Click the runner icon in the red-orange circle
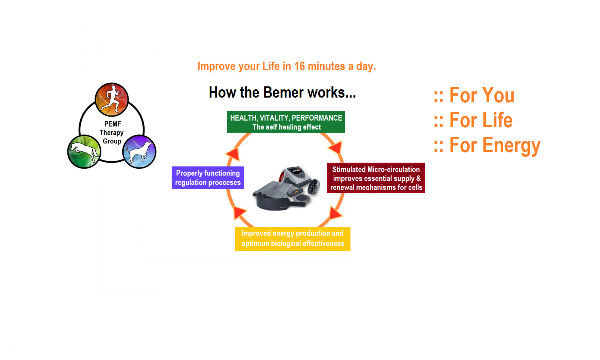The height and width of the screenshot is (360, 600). pos(112,99)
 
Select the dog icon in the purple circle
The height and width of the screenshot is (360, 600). pos(139,151)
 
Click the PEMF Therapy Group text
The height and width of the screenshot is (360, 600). pos(112,132)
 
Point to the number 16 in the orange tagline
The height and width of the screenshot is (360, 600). pos(299,66)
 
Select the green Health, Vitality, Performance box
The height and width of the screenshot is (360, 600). pos(286,122)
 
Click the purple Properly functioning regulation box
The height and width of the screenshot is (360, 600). pos(208,178)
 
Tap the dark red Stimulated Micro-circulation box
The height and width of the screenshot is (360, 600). pos(376,178)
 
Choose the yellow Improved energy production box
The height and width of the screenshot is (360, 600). pos(292,239)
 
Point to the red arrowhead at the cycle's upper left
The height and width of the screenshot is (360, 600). pos(233,154)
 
